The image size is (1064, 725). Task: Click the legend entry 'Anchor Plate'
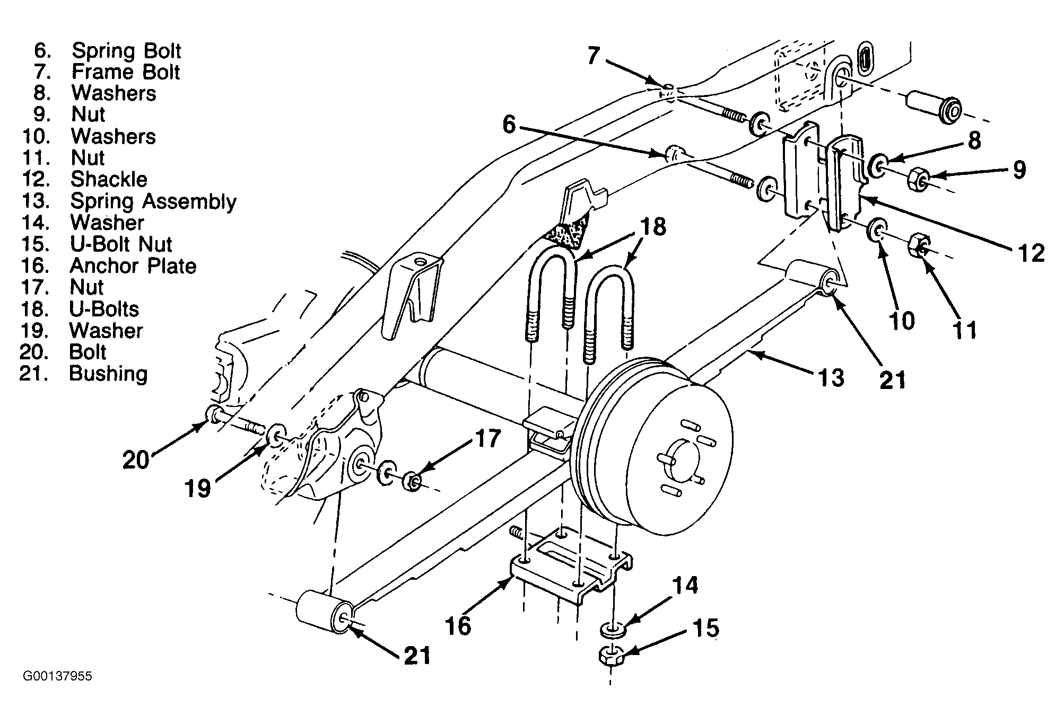pyautogui.click(x=133, y=266)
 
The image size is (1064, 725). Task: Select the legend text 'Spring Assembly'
pyautogui.click(x=153, y=201)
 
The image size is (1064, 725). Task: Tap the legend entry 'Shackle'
pyautogui.click(x=109, y=179)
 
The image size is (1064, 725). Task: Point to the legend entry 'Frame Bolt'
pyautogui.click(x=126, y=72)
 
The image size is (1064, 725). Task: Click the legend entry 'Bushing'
pyautogui.click(x=108, y=374)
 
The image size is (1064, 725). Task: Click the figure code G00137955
pyautogui.click(x=57, y=676)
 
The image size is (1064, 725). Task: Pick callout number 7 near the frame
pyautogui.click(x=594, y=55)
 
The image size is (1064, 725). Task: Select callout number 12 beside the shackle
pyautogui.click(x=1032, y=253)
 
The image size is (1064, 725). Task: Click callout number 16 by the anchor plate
pyautogui.click(x=458, y=625)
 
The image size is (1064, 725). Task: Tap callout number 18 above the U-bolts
pyautogui.click(x=652, y=227)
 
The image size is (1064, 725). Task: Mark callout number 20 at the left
pyautogui.click(x=136, y=459)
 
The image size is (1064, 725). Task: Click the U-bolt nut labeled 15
pyautogui.click(x=611, y=656)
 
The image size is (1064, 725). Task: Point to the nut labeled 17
pyautogui.click(x=411, y=481)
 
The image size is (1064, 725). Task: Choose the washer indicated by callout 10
pyautogui.click(x=876, y=231)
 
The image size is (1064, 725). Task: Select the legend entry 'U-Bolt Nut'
pyautogui.click(x=121, y=244)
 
